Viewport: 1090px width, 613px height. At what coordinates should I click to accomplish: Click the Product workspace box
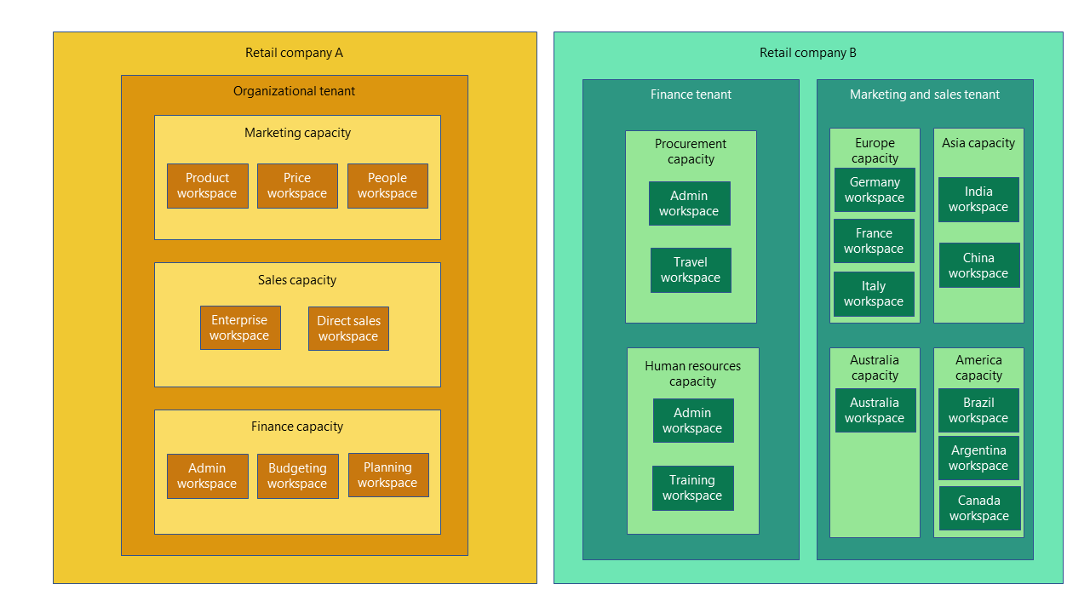pos(208,186)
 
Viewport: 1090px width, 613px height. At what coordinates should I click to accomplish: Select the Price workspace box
pos(297,186)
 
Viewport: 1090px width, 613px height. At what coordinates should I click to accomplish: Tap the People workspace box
pos(387,186)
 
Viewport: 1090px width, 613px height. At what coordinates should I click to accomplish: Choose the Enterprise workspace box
pos(240,328)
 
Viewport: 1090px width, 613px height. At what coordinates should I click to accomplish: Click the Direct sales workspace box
pos(348,329)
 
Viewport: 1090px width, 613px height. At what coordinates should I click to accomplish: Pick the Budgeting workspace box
pos(297,476)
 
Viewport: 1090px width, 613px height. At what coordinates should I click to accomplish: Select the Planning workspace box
pos(388,475)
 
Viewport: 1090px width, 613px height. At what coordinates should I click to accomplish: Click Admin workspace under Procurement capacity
pos(689,203)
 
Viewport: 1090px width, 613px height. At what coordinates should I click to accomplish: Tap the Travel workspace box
pos(691,270)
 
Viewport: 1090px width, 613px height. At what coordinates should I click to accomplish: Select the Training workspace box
pos(692,488)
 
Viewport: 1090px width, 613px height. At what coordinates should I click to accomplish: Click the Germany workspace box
pos(875,190)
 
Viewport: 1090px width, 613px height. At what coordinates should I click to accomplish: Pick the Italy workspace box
pos(874,294)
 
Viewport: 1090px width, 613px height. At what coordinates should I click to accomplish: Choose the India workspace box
pos(978,199)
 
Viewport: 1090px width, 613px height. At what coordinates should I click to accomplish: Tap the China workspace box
pos(978,266)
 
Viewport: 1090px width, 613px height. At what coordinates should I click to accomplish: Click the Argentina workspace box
pos(978,458)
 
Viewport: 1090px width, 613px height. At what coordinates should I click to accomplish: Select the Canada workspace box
pos(979,508)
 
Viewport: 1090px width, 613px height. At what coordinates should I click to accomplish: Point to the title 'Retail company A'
pos(295,53)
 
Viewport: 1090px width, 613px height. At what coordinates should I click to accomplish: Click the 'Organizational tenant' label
pos(295,91)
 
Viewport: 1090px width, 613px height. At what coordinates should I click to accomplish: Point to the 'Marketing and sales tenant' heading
pos(925,95)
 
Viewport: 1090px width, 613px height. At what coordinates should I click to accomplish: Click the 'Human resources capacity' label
pos(692,374)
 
